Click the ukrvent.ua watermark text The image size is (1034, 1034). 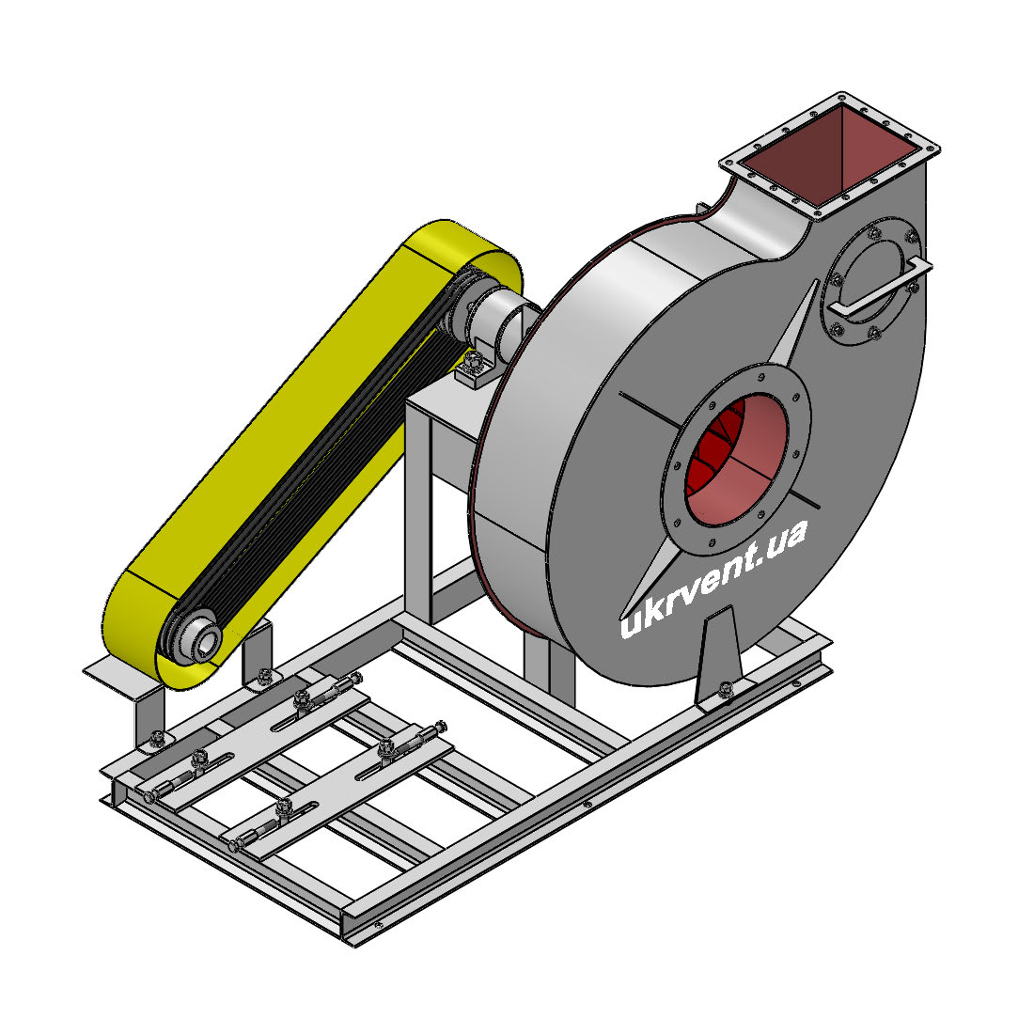pyautogui.click(x=713, y=579)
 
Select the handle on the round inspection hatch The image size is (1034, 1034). pyautogui.click(x=881, y=288)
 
